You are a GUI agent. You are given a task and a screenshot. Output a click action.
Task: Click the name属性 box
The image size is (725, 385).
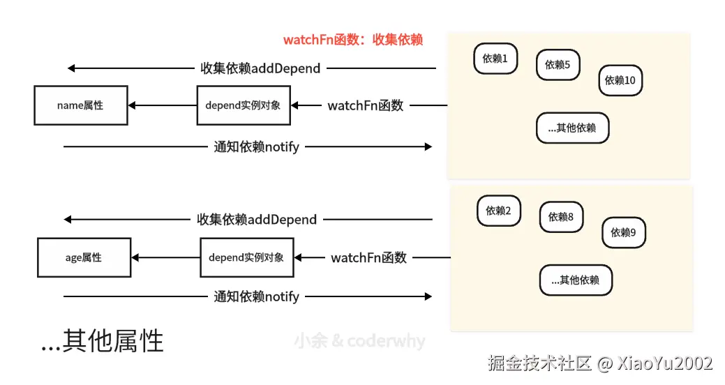81,105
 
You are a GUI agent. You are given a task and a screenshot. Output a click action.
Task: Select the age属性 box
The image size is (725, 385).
84,257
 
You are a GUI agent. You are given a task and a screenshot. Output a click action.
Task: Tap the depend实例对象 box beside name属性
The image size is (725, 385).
244,105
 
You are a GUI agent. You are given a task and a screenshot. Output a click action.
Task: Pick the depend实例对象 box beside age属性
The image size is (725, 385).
246,257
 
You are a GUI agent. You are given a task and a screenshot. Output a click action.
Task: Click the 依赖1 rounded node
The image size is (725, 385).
495,59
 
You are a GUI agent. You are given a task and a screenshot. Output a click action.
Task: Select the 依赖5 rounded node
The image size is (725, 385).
558,65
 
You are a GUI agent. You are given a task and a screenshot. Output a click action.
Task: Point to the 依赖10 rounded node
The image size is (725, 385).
620,80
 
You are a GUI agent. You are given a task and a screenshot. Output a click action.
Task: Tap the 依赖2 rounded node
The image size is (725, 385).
498,211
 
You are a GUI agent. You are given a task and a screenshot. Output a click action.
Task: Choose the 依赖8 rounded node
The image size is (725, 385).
561,217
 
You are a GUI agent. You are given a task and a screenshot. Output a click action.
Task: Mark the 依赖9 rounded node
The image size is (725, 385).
624,232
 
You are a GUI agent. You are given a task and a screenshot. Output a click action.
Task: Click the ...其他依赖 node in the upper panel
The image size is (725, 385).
572,128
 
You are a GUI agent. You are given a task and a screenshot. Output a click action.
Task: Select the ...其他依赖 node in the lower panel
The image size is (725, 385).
576,280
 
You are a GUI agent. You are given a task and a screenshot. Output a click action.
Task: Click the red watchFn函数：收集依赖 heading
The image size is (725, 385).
353,40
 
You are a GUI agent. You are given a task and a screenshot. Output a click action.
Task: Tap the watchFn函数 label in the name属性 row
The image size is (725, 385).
366,105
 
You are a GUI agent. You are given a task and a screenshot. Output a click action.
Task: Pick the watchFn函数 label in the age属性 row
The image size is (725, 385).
369,257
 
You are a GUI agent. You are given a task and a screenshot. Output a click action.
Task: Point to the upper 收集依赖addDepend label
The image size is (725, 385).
260,68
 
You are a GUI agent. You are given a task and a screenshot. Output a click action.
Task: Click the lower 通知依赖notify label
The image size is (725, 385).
256,296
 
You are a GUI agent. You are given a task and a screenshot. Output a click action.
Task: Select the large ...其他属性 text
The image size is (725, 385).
103,342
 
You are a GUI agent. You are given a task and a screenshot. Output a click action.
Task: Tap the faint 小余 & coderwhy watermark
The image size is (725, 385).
359,341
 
